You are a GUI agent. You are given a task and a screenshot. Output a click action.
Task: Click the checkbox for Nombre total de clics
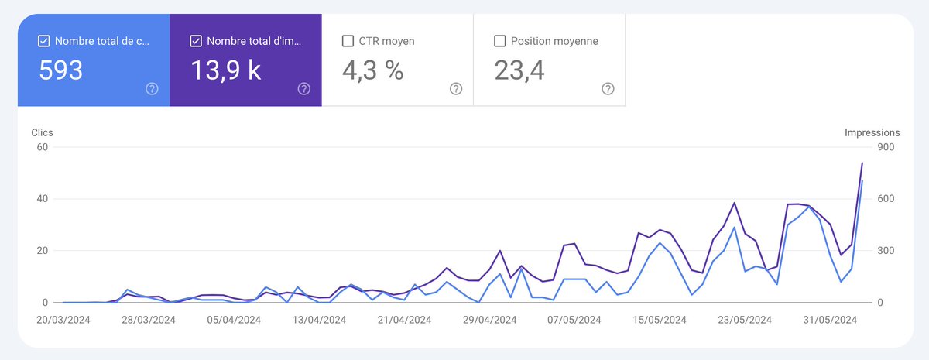[43, 41]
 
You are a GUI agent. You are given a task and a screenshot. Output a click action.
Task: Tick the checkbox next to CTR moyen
[348, 41]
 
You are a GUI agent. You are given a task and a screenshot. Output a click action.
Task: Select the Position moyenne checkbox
[499, 41]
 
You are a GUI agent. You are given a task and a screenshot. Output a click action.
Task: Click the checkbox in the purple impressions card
[195, 41]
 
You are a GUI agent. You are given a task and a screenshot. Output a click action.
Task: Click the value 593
[61, 70]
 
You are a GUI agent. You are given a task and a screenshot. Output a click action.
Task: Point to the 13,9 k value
[225, 70]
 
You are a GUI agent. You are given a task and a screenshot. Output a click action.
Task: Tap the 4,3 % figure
[372, 70]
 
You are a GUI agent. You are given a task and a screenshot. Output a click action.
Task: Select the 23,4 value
[519, 70]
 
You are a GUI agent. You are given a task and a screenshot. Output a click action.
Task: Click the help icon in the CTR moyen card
[456, 89]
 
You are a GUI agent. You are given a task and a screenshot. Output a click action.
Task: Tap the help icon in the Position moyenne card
[608, 89]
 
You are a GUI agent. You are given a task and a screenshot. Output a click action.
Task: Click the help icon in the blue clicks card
[152, 89]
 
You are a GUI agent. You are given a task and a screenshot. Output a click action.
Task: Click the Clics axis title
[42, 133]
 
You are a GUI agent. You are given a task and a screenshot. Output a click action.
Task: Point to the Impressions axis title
[872, 133]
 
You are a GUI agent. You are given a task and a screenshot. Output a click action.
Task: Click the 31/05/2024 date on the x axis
[829, 319]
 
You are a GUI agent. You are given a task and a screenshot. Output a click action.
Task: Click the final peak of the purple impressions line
[862, 163]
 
